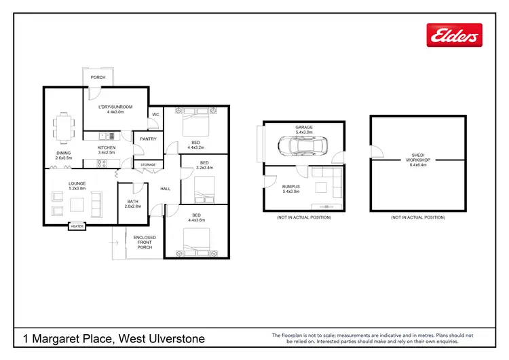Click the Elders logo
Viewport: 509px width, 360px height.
click(x=454, y=35)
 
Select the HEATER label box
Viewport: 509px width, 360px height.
click(x=77, y=227)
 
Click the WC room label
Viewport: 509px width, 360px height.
click(x=155, y=115)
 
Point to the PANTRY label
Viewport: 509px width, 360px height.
click(x=148, y=139)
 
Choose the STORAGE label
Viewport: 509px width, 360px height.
click(x=148, y=164)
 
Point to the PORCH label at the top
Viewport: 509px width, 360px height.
click(x=98, y=77)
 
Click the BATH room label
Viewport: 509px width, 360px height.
click(x=133, y=201)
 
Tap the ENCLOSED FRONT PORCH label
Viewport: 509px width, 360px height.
click(x=145, y=242)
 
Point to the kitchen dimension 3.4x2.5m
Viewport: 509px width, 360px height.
click(x=107, y=153)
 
